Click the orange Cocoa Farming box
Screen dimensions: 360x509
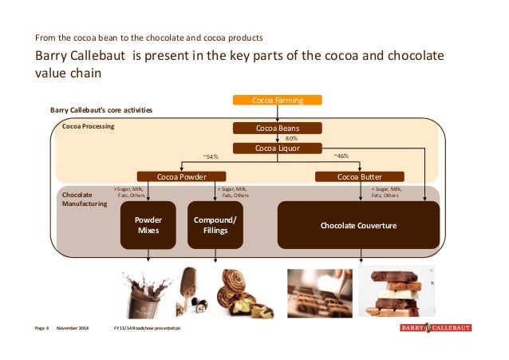click(x=278, y=100)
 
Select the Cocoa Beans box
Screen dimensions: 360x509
click(x=278, y=128)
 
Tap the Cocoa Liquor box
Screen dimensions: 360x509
click(x=278, y=148)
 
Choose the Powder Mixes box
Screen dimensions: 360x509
click(x=148, y=225)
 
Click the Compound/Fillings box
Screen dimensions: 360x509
click(x=215, y=225)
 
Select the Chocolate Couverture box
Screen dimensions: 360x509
click(x=358, y=226)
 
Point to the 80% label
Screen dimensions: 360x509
click(x=291, y=138)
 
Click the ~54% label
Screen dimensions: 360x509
click(x=212, y=156)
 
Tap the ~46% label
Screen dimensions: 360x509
click(x=341, y=156)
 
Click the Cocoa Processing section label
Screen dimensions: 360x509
click(x=89, y=126)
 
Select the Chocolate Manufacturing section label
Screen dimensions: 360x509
click(x=85, y=200)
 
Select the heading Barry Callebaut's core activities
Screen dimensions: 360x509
click(x=101, y=110)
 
